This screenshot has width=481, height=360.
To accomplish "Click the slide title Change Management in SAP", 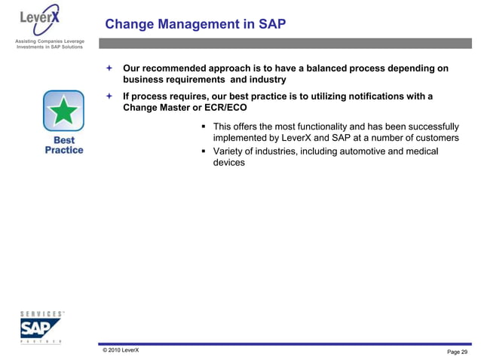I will [x=195, y=25].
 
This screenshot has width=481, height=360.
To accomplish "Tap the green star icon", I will [x=63, y=111].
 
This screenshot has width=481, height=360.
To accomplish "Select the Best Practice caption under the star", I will [x=63, y=145].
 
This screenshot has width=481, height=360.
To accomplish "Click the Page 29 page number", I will [x=457, y=352].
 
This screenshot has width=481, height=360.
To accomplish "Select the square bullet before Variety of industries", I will [x=204, y=152].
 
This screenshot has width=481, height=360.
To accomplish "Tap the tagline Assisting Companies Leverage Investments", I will [x=47, y=43].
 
